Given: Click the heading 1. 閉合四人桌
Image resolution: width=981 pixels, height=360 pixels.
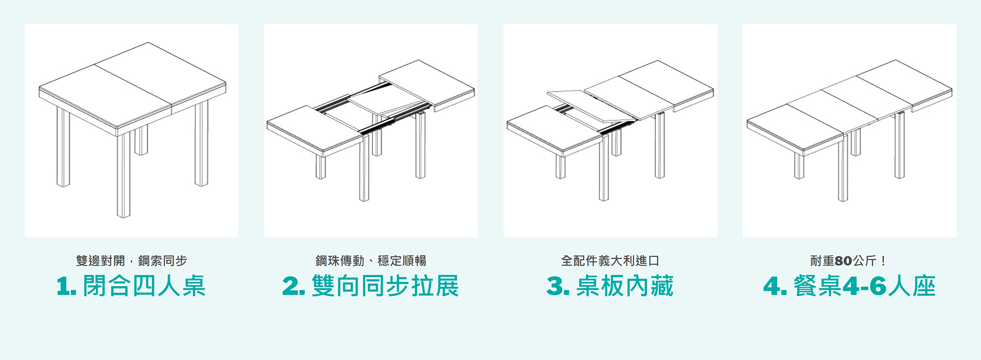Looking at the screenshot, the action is tap(131, 286).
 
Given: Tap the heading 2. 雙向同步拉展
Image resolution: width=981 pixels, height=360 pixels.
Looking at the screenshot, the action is tap(370, 286).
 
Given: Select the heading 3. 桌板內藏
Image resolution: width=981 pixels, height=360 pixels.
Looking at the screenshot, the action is tap(610, 286).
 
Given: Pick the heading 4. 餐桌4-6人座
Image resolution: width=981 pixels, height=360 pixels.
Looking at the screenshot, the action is tap(849, 286).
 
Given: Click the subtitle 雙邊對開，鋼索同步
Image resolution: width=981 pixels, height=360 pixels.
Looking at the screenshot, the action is tap(131, 260).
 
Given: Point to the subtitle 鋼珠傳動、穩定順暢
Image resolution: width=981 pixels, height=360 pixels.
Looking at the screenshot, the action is tap(370, 260).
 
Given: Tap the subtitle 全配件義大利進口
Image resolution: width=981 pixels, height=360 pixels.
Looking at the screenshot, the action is tap(610, 260).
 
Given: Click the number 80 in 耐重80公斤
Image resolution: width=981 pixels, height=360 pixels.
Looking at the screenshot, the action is tap(843, 260).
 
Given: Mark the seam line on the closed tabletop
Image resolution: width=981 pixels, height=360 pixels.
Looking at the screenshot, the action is tap(132, 83).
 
